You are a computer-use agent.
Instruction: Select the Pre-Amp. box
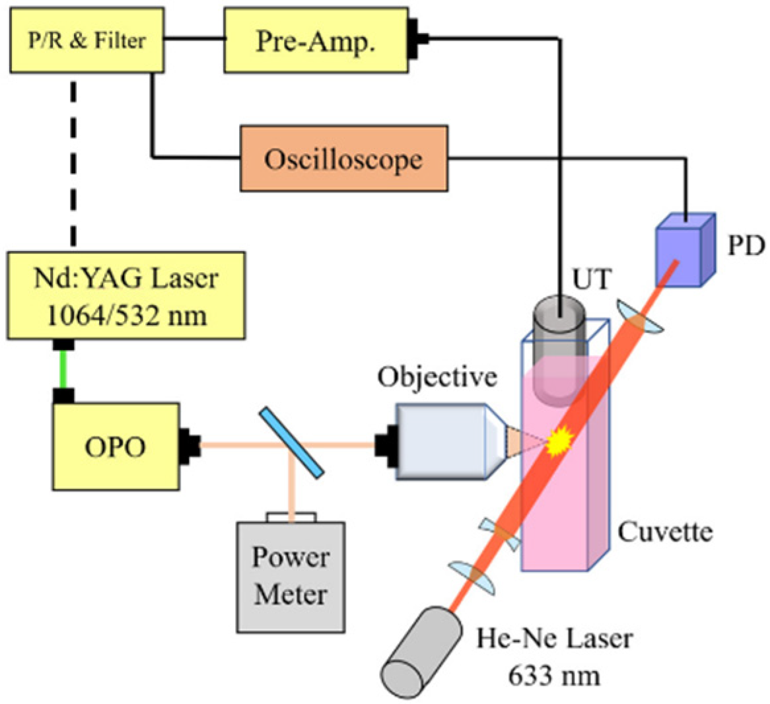315,41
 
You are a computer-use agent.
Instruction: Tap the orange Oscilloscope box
343,159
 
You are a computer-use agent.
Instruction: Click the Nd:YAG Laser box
125,295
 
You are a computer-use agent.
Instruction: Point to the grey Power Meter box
291,575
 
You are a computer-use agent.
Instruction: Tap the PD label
744,246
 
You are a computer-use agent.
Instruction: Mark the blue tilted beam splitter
291,441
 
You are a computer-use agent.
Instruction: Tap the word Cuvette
666,530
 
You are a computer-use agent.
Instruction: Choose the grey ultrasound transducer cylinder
559,350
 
